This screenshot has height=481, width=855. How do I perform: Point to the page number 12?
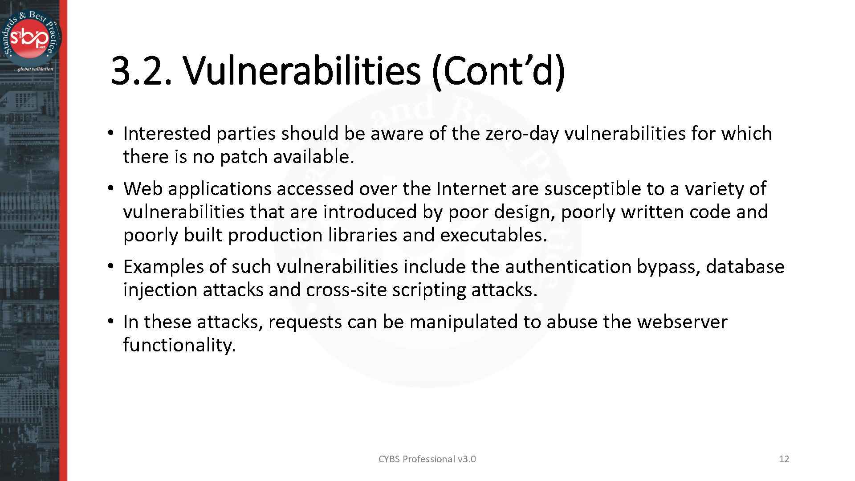pos(784,459)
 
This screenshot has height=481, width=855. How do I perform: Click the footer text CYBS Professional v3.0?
pos(427,459)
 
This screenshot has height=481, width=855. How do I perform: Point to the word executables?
pos(493,235)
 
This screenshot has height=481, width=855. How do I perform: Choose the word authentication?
pos(568,267)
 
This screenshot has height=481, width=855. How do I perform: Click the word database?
pos(745,267)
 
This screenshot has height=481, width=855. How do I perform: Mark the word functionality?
pos(179,345)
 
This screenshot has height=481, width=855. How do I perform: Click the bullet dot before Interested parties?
pos(110,134)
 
